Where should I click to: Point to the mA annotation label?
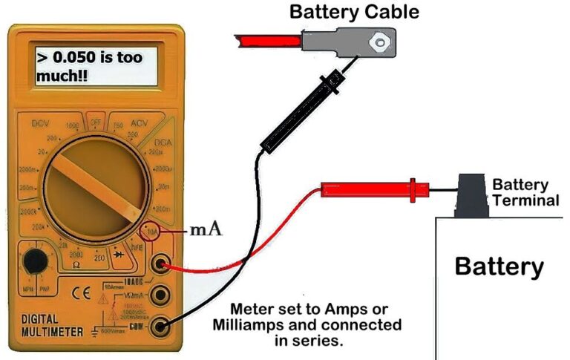tap(206, 229)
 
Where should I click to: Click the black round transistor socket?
tap(32, 262)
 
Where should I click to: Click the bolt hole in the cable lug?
tap(381, 42)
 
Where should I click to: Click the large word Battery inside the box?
tap(499, 266)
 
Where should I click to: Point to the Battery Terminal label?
tap(525, 192)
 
